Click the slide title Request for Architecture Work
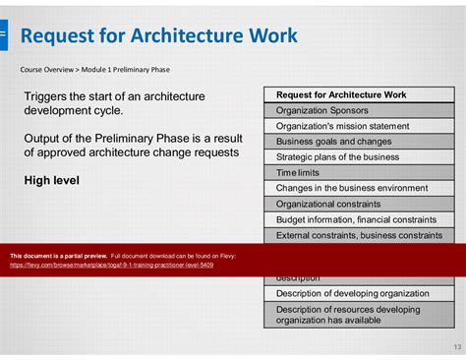158,37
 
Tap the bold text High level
52,180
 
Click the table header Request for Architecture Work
341,95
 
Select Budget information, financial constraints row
358,219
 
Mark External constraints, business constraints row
359,235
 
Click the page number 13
455,346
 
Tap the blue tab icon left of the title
3,36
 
